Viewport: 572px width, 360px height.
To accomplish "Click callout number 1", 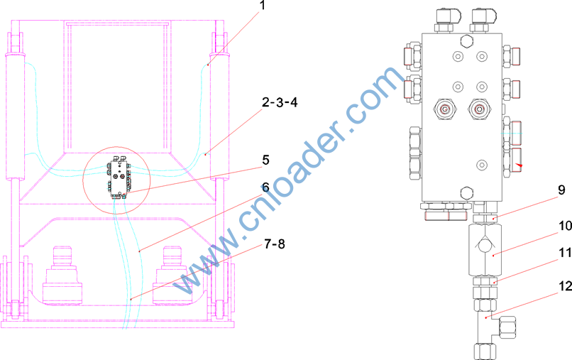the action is (263, 5).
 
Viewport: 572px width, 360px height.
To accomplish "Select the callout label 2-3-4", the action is (280, 102).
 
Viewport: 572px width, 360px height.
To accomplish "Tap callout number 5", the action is (265, 160).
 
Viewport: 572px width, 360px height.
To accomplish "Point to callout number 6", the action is (265, 187).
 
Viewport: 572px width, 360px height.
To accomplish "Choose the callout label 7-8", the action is (275, 244).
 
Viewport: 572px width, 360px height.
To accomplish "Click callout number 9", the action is (561, 190).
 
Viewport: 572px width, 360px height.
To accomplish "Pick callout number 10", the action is (565, 227).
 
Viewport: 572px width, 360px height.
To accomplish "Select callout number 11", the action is (565, 252).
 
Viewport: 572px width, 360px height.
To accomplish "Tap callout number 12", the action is (565, 287).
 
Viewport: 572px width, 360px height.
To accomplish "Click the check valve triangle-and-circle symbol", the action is (485, 244).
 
